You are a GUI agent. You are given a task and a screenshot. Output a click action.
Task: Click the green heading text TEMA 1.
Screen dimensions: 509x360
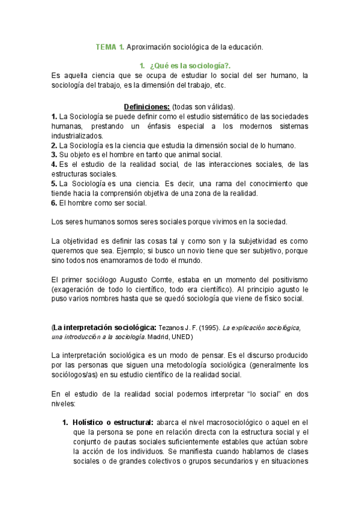110,46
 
